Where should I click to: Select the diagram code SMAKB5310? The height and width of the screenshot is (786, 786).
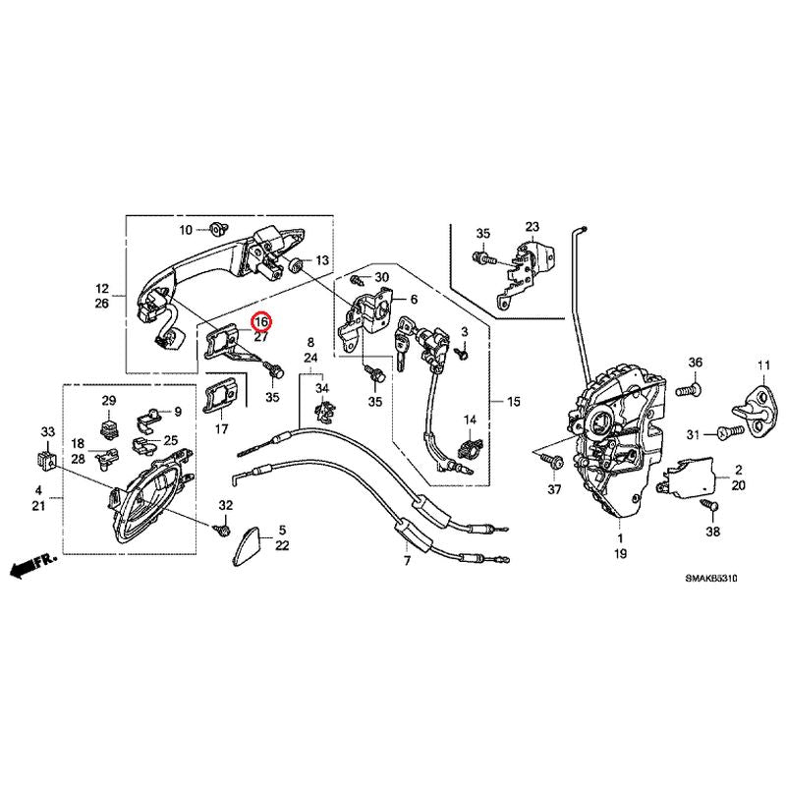710,579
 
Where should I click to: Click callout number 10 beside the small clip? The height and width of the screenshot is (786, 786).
186,230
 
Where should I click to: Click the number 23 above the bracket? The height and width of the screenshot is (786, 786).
533,227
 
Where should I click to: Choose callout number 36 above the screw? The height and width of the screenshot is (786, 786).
695,364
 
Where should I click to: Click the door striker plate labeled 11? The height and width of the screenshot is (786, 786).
758,405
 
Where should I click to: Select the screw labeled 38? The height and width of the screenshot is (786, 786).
705,503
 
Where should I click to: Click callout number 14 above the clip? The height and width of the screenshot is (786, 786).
470,421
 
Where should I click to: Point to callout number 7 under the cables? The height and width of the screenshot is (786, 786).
407,561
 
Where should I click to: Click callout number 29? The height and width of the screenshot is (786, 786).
109,400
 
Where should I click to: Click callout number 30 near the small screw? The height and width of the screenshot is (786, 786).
382,278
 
